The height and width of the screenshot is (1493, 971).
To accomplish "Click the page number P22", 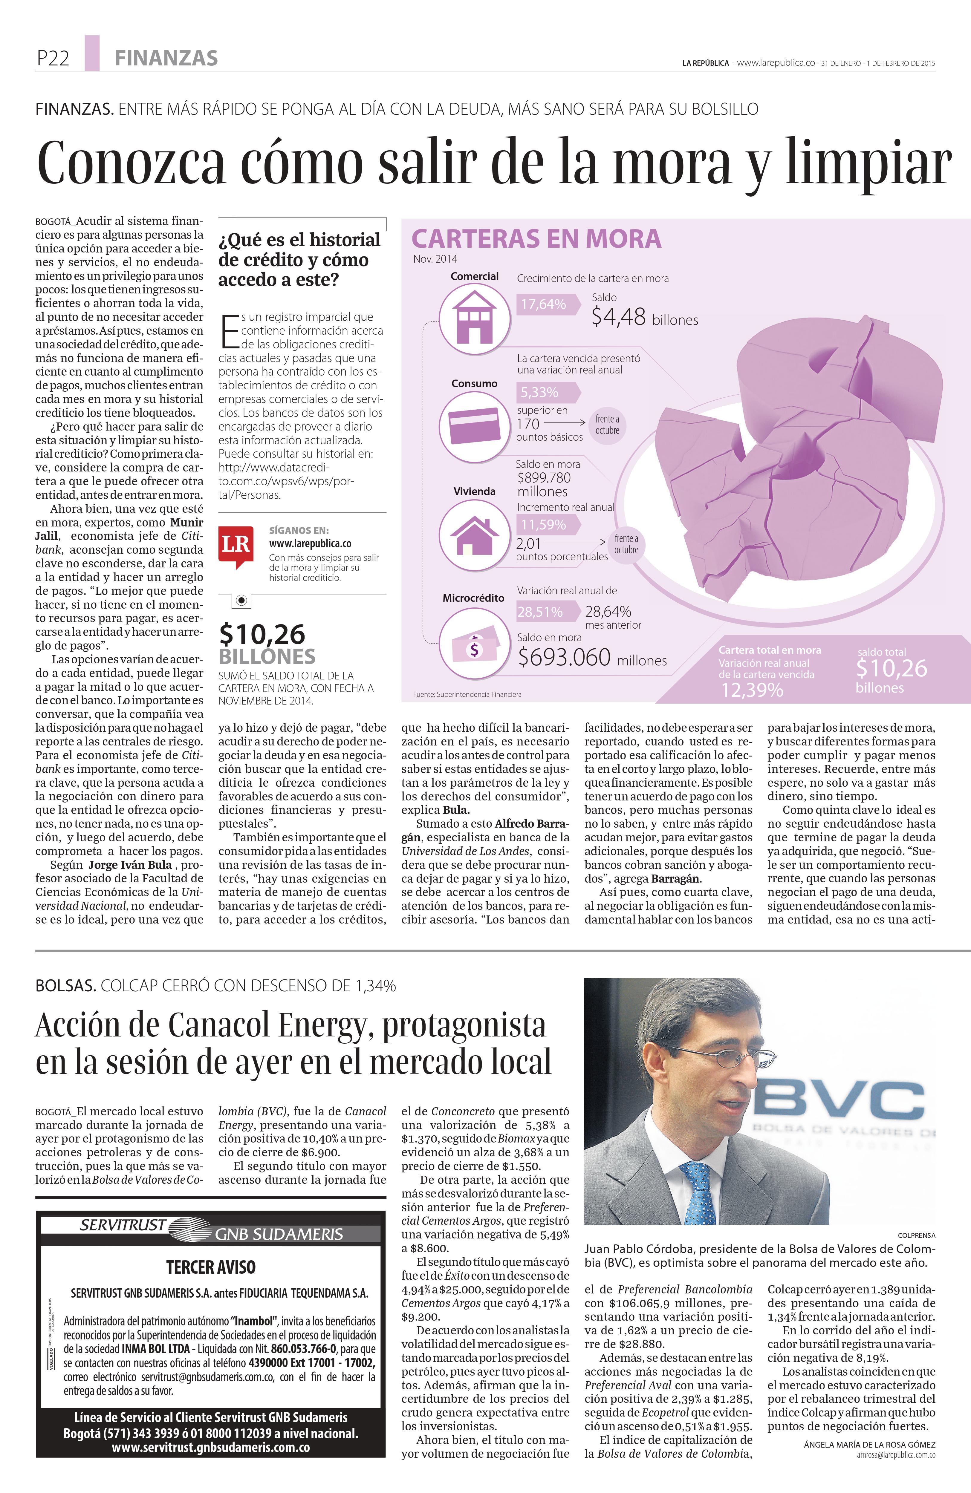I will tap(53, 58).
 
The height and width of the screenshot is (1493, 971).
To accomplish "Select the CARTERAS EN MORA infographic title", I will tap(536, 239).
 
